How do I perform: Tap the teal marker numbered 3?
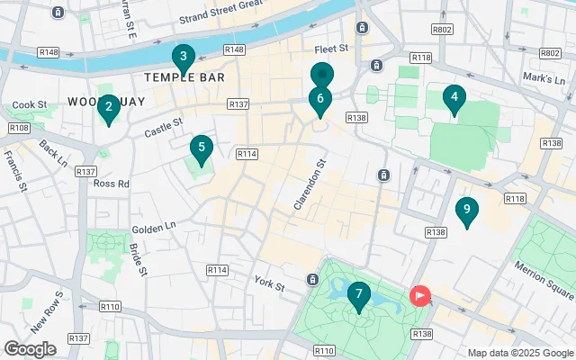184,58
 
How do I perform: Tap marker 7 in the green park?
358,294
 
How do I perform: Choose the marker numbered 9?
466,211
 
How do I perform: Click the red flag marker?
420,294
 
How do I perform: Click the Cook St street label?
30,105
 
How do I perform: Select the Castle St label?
164,128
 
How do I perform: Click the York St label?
268,286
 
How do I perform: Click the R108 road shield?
18,128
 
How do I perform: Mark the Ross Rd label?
112,183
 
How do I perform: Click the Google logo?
31,348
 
